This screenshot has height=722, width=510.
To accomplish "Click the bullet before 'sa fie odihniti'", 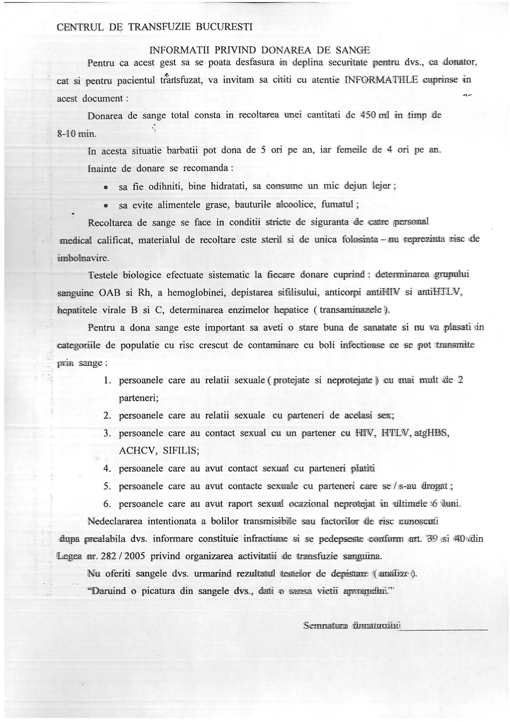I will point(106,187).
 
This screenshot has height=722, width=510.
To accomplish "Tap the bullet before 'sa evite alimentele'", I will point(106,205).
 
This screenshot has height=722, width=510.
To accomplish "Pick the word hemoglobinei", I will point(196,293).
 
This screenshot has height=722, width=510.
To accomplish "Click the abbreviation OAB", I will point(110,293).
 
